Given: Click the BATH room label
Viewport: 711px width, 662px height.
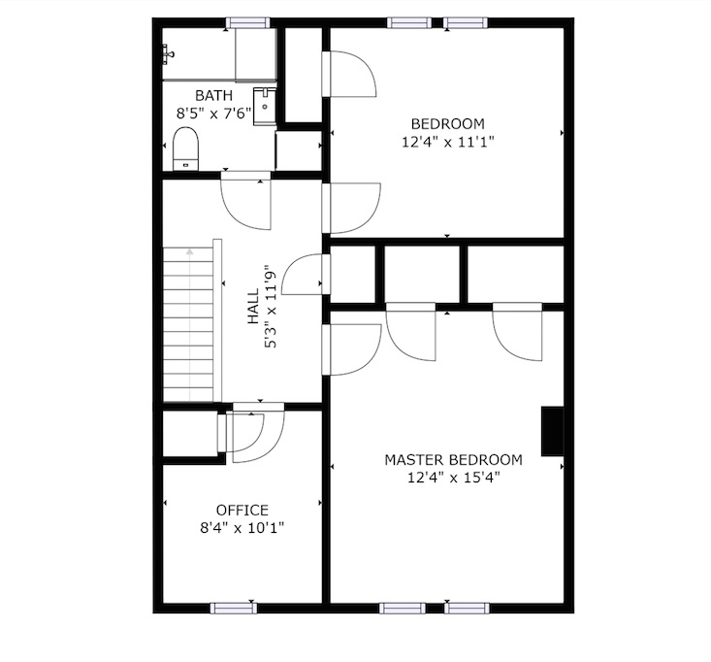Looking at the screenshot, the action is tap(213, 96).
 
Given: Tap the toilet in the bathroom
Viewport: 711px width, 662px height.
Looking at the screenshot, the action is tap(185, 149).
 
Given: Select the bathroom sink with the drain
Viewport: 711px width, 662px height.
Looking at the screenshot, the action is tap(265, 106).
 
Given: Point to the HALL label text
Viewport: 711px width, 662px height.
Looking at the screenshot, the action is tap(253, 307).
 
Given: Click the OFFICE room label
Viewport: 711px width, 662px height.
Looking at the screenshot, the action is tap(242, 511).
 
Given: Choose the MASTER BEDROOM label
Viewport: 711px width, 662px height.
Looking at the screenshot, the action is tap(453, 460).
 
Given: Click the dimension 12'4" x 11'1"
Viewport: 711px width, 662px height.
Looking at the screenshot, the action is tap(447, 142).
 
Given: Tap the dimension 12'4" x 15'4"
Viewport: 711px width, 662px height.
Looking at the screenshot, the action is tap(453, 478).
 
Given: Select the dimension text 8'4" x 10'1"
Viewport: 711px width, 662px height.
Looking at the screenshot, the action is tap(242, 528).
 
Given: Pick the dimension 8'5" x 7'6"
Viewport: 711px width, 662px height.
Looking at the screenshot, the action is tap(213, 113).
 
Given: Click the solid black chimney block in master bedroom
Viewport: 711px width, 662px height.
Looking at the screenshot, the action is tap(552, 431).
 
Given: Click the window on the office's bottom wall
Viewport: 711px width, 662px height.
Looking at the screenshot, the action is tap(234, 608).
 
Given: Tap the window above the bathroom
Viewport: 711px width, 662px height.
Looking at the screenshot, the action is tap(247, 22).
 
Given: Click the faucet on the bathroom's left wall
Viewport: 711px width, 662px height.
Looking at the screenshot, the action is tap(168, 54).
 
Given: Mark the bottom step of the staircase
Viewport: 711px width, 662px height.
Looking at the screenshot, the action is tap(188, 394).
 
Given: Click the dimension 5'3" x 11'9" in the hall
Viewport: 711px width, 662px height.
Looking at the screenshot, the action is tap(271, 307).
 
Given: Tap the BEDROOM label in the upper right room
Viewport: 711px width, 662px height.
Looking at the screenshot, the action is tap(447, 124).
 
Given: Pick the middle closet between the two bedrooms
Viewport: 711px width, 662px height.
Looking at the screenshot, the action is tap(422, 274).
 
